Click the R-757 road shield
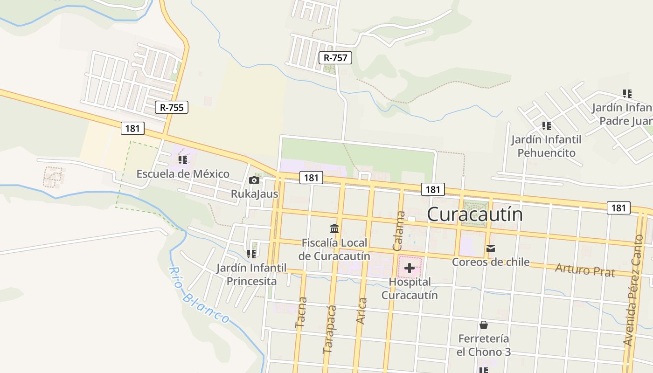(335, 58)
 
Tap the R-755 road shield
(172, 107)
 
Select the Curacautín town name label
(475, 214)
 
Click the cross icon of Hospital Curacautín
(409, 268)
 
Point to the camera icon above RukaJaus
(254, 180)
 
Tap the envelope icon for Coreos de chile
(491, 249)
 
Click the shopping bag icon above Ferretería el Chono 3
(484, 325)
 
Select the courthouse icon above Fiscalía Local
(334, 229)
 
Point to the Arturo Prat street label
(585, 270)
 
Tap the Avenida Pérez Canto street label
(634, 290)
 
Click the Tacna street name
(301, 313)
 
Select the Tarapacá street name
(330, 329)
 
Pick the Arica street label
(361, 311)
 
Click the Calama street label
(400, 231)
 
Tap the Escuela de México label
(183, 174)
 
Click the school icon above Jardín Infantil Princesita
(251, 254)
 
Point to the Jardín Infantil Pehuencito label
(546, 146)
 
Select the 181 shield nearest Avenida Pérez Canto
(618, 207)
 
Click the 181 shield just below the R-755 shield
(132, 128)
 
